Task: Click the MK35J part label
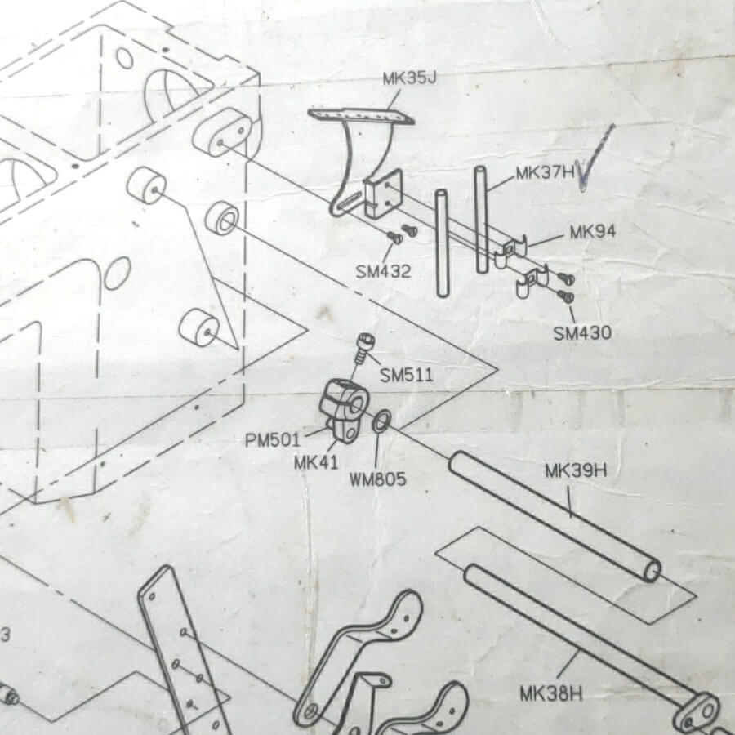(x=410, y=78)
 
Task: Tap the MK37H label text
(x=546, y=173)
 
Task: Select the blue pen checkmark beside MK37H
(x=595, y=158)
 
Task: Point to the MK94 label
(x=593, y=232)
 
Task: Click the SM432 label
(x=383, y=271)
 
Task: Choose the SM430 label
(x=582, y=333)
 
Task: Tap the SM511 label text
(x=407, y=375)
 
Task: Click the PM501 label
(x=272, y=440)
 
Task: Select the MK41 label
(x=316, y=463)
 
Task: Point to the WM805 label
(x=378, y=479)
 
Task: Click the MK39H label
(x=576, y=470)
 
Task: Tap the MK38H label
(x=551, y=693)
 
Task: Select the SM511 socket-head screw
(x=363, y=347)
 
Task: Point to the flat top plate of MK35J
(x=360, y=116)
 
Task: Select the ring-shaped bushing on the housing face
(x=222, y=218)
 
